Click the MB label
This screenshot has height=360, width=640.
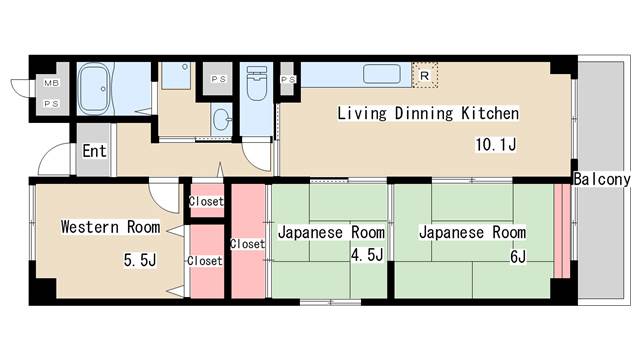point(48,84)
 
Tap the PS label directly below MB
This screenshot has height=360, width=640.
point(48,102)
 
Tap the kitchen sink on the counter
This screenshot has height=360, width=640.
point(381,75)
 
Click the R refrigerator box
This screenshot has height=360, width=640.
point(424,75)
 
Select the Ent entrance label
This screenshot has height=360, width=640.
point(94,152)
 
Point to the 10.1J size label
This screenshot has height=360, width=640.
point(494,145)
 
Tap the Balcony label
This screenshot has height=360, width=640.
point(602,180)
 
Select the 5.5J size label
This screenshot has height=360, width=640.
point(140,260)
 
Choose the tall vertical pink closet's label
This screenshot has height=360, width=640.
point(246,244)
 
